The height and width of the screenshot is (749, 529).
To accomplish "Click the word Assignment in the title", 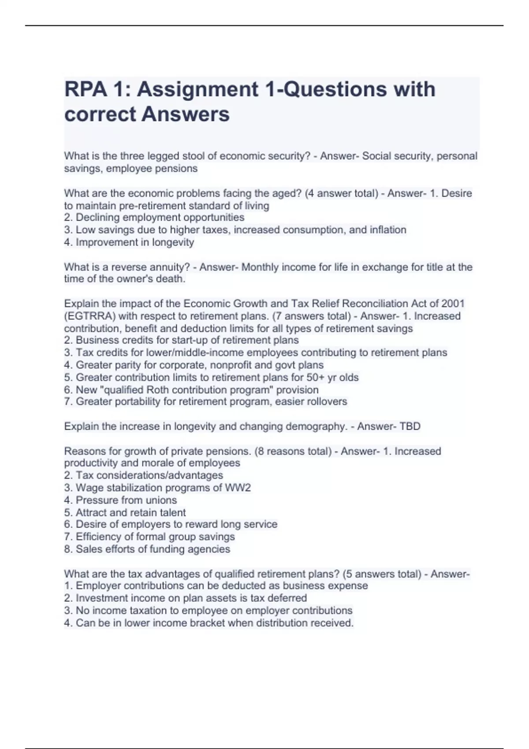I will [197, 89].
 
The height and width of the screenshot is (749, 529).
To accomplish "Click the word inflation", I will [386, 230].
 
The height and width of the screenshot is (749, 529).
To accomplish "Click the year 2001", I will [452, 304].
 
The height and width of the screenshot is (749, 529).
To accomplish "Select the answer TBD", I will [410, 426].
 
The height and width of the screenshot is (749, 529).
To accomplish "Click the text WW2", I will [238, 488].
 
